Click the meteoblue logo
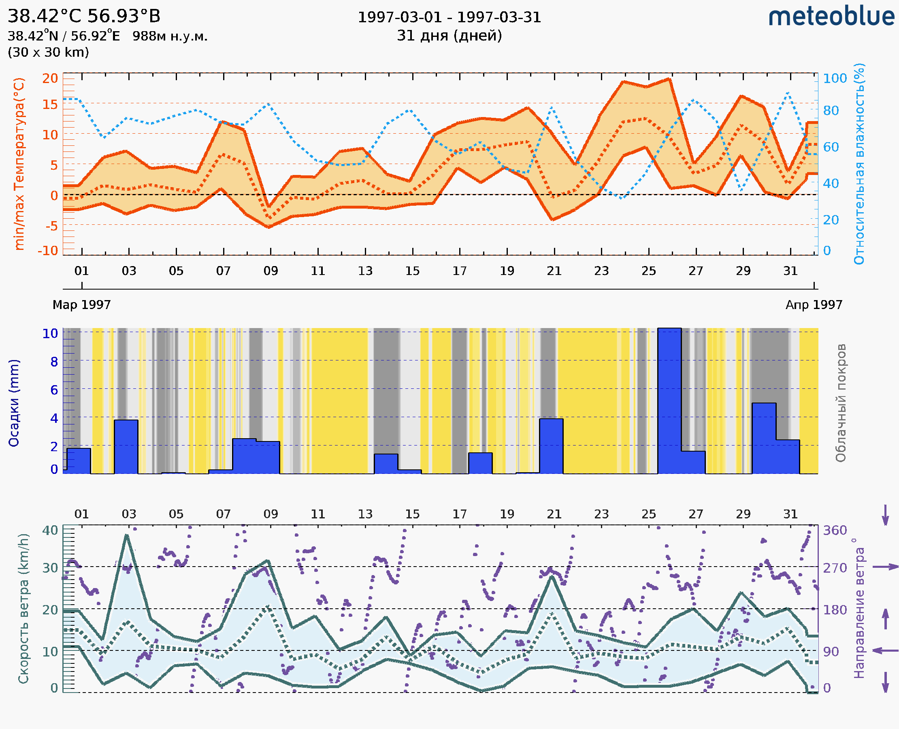tap(831, 17)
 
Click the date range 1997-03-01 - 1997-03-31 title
tap(449, 17)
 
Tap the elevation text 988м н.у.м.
tap(170, 36)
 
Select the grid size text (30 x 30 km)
tap(48, 52)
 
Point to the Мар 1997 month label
tap(81, 305)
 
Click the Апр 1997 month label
tap(814, 305)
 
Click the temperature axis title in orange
tap(19, 164)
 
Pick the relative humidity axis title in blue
tap(859, 164)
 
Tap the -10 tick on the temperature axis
tap(48, 251)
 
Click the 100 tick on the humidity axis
tap(835, 79)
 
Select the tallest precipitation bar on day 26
tap(669, 401)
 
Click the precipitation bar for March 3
tap(126, 447)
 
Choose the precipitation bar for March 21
tap(551, 446)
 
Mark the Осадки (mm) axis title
tap(14, 403)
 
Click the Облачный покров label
tap(840, 403)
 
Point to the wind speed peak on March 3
tap(126, 535)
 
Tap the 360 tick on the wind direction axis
tap(835, 531)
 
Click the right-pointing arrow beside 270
tap(885, 567)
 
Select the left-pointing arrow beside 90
tap(885, 651)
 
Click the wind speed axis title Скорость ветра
tap(23, 609)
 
